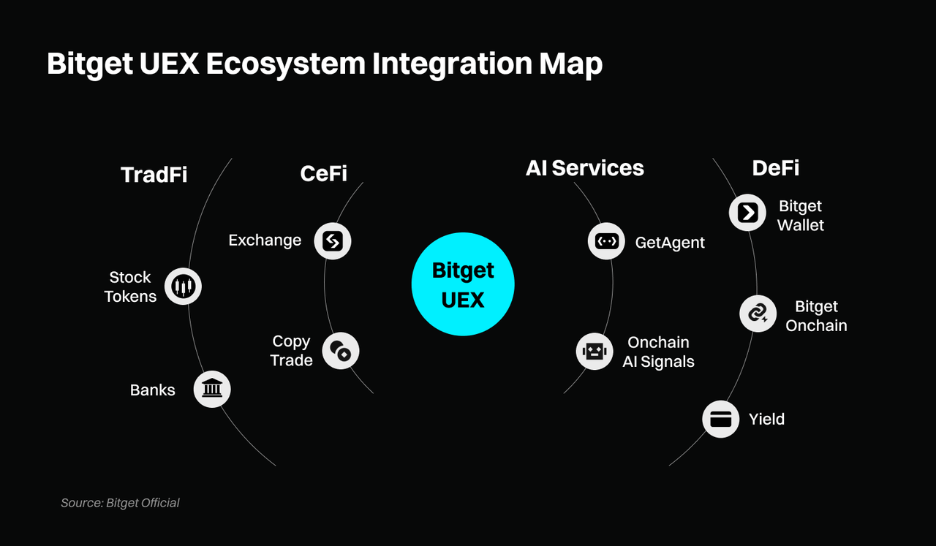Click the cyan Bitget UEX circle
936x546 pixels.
[x=463, y=284]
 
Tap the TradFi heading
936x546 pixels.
[x=154, y=175]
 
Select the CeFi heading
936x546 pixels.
[x=323, y=173]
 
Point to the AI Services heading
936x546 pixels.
[x=584, y=168]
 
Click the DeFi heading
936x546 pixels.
[x=775, y=168]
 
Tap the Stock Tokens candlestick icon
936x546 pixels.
[x=182, y=287]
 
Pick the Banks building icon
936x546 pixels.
[x=212, y=388]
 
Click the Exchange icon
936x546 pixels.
[x=333, y=240]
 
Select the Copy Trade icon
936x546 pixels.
[x=341, y=351]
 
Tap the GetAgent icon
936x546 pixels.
[x=606, y=240]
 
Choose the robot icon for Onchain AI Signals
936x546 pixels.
[x=594, y=352]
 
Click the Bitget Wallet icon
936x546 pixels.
[x=747, y=213]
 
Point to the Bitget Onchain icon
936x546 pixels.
[x=758, y=314]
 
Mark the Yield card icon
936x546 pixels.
[x=720, y=420]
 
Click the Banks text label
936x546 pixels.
[x=152, y=390]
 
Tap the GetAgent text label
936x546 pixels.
[x=670, y=243]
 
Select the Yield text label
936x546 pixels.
[x=766, y=419]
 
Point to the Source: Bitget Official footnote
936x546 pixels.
[x=120, y=502]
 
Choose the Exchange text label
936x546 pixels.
[x=265, y=240]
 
